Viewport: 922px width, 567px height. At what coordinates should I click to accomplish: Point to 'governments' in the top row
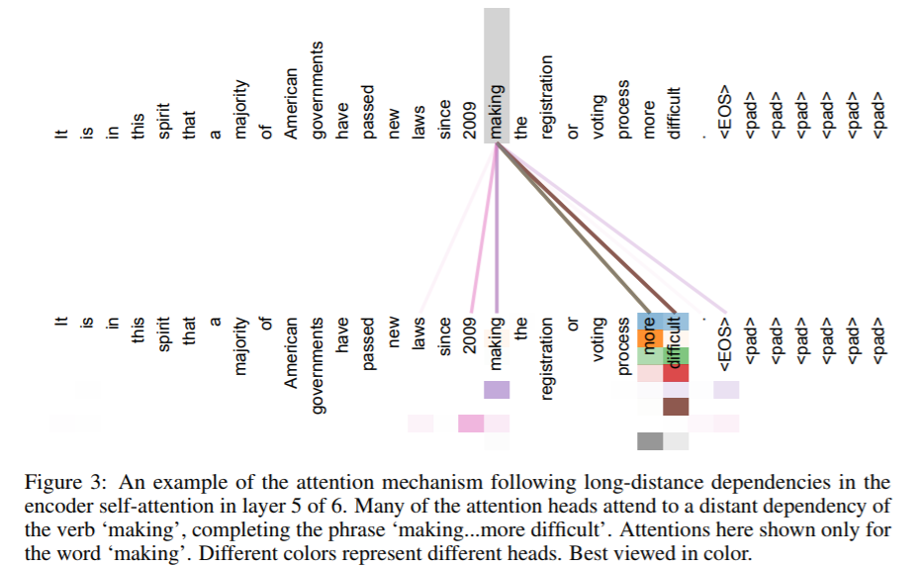(x=318, y=95)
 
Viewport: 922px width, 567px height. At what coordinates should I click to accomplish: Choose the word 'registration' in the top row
(x=547, y=96)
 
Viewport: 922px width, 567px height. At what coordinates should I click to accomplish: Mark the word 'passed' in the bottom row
(x=369, y=343)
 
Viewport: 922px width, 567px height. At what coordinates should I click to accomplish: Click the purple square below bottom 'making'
(x=497, y=390)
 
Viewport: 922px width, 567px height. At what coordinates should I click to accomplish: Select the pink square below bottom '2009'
(x=471, y=424)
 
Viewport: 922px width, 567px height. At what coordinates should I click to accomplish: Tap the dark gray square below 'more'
(x=649, y=441)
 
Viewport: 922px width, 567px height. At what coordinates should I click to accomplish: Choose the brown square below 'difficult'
(x=675, y=407)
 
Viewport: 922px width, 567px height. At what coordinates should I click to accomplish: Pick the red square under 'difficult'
(x=675, y=373)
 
